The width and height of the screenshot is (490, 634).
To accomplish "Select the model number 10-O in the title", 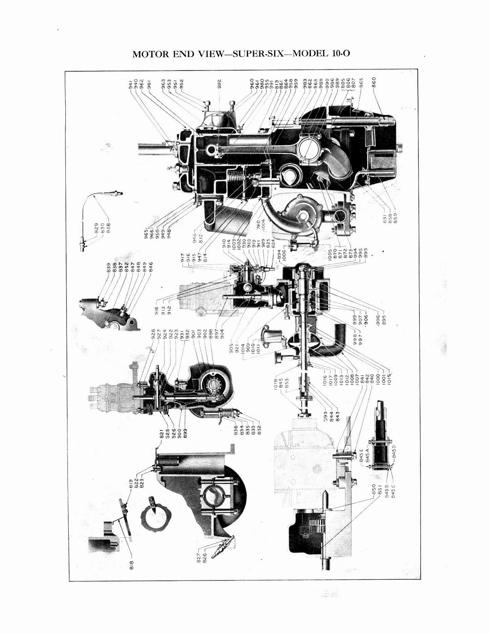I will (x=339, y=54).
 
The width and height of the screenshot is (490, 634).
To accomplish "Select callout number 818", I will (x=131, y=565).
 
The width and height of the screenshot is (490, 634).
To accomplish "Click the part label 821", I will (x=162, y=435).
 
